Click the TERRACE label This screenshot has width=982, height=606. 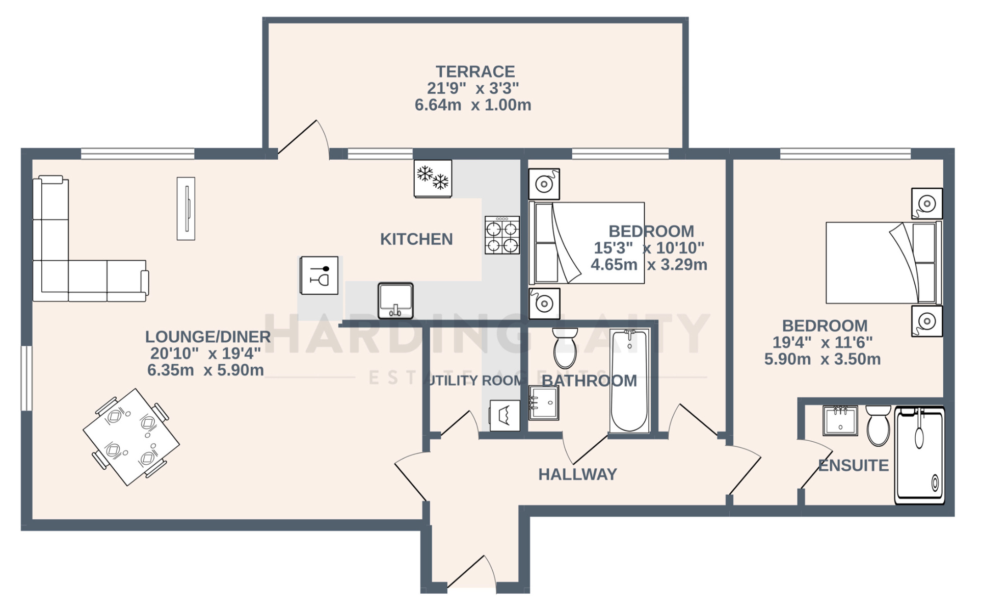click(474, 71)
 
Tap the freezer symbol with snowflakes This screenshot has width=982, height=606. click(433, 178)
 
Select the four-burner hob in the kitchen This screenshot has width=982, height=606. click(502, 235)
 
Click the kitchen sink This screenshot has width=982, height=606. click(395, 300)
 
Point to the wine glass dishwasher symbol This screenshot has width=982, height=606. click(319, 275)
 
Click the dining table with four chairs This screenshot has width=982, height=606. click(131, 437)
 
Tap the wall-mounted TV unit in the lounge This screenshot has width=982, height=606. click(185, 208)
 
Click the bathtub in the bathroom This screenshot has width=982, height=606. click(629, 381)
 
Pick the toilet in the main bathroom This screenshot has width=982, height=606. click(565, 348)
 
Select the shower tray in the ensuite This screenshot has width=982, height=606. click(919, 456)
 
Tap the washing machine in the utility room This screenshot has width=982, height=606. click(505, 415)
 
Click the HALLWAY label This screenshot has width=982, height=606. click(577, 474)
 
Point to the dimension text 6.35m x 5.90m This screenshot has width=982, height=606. click(205, 370)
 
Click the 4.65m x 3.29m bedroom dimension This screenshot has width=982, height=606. click(649, 265)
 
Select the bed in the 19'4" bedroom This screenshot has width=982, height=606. click(883, 263)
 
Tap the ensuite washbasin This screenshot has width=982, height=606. click(840, 421)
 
